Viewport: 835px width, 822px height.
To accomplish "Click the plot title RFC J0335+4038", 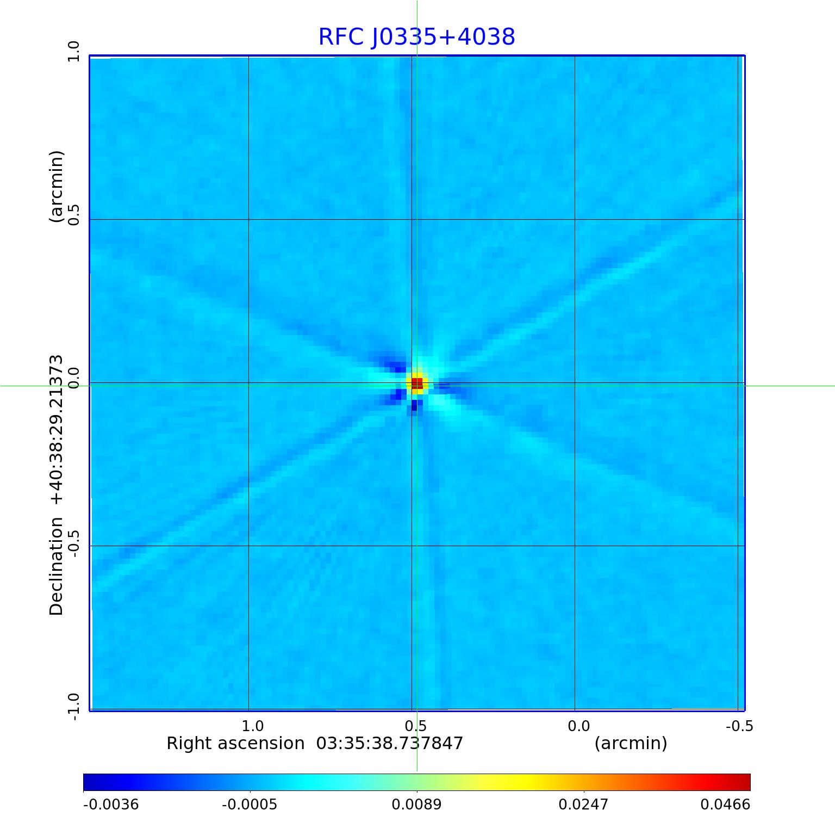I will click(416, 37).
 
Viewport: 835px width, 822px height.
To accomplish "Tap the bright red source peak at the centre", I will click(417, 384).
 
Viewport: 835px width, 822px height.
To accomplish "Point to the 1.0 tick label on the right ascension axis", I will click(253, 726).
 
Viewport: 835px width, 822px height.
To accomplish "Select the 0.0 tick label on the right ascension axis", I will click(578, 726).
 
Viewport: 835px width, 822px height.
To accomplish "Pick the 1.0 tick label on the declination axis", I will click(73, 52).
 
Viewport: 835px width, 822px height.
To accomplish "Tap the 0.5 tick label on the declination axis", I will click(73, 215).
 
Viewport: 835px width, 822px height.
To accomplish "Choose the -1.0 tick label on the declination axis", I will click(73, 706).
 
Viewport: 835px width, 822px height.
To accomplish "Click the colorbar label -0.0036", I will click(111, 804).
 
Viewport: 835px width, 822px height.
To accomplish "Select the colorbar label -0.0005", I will click(250, 804).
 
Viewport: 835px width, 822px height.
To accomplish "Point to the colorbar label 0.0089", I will click(417, 804).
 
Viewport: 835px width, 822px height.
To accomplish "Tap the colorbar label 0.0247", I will click(583, 804).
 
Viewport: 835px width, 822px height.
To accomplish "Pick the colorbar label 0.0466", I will click(725, 804).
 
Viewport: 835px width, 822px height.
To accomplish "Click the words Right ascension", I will click(235, 743).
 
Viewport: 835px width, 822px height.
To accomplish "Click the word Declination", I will click(57, 566).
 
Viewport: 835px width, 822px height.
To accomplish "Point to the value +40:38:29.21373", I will click(57, 430).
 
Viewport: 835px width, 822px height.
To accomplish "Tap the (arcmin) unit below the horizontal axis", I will click(631, 743).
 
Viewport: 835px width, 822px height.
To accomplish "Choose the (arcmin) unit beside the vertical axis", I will click(57, 187).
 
